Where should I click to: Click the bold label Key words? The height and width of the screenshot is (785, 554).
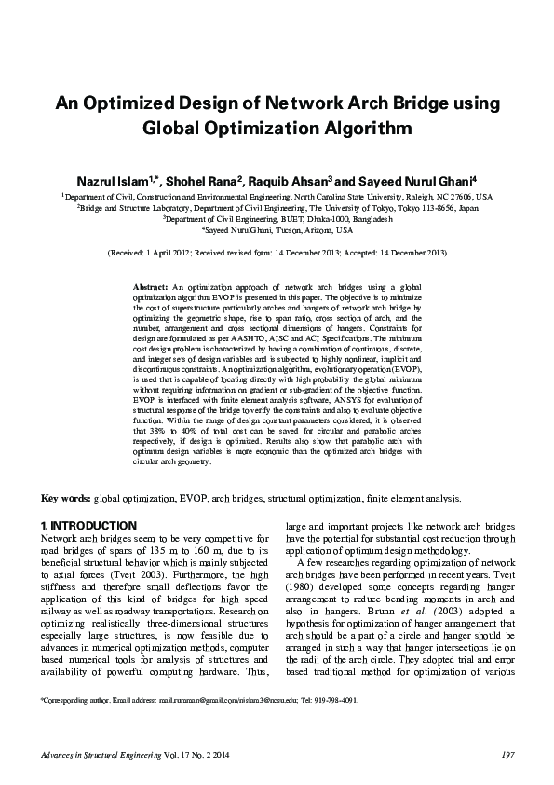(x=65, y=499)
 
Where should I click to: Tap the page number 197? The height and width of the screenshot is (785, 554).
(x=508, y=754)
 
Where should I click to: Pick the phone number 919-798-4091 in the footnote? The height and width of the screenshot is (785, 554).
(x=334, y=698)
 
